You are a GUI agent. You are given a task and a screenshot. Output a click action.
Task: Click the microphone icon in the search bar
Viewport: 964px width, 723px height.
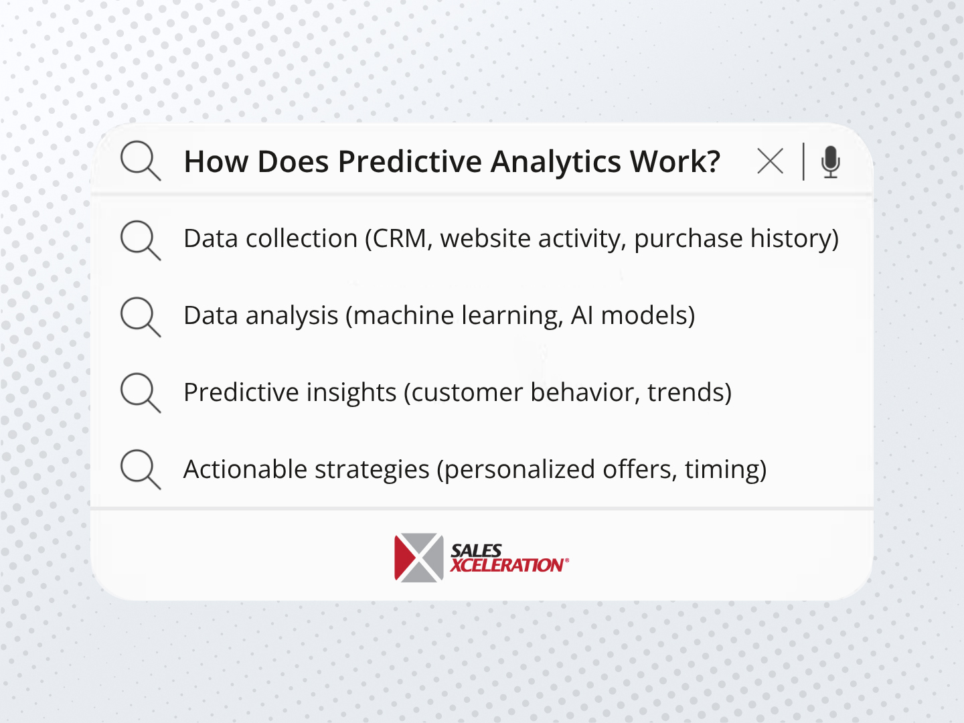pyautogui.click(x=830, y=161)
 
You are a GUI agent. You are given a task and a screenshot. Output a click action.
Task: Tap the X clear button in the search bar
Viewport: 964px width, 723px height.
pyautogui.click(x=770, y=161)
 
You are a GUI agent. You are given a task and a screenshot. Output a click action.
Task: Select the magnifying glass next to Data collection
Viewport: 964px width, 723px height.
pyautogui.click(x=139, y=239)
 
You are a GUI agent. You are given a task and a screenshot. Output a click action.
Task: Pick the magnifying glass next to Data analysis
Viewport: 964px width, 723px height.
pyautogui.click(x=139, y=316)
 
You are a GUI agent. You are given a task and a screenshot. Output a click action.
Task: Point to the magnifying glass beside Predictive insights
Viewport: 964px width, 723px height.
pyautogui.click(x=139, y=392)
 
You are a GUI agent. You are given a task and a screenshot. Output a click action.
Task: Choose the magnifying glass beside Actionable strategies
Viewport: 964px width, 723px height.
pyautogui.click(x=139, y=469)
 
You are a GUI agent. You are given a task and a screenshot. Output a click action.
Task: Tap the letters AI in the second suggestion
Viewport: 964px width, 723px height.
pyautogui.click(x=582, y=315)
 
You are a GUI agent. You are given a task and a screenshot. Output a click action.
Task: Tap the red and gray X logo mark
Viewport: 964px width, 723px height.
pyautogui.click(x=419, y=558)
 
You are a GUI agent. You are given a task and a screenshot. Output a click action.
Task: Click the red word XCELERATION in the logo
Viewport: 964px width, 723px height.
pyautogui.click(x=507, y=566)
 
